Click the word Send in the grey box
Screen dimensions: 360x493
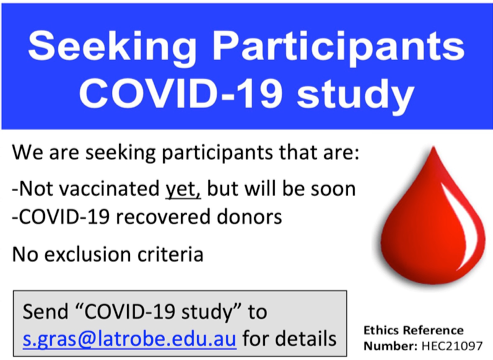coord(47,309)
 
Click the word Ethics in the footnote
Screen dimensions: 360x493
coord(384,329)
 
